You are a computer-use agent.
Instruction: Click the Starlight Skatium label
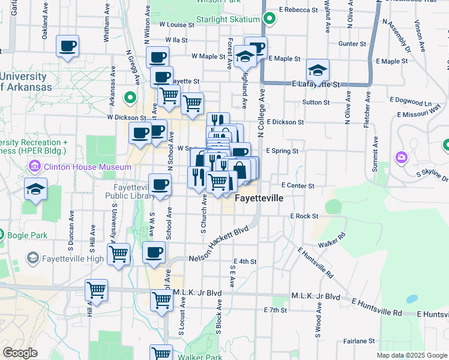(232, 19)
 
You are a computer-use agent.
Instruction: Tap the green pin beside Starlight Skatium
(270, 19)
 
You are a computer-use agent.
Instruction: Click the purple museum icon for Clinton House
(34, 166)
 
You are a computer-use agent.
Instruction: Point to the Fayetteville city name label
(267, 198)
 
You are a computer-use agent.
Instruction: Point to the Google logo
(20, 353)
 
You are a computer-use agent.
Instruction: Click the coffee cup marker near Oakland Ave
(68, 46)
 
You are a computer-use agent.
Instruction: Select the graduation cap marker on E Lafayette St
(318, 70)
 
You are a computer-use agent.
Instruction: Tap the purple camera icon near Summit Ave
(401, 157)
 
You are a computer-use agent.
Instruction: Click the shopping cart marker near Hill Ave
(96, 290)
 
